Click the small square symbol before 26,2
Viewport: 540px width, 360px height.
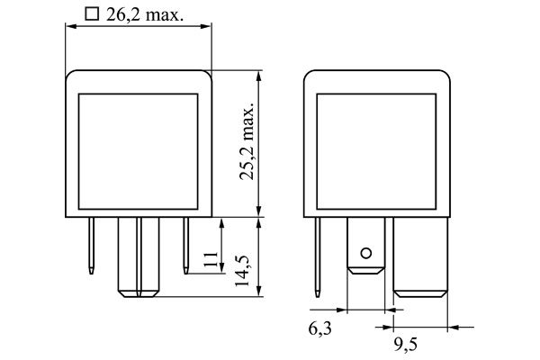point(90,14)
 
